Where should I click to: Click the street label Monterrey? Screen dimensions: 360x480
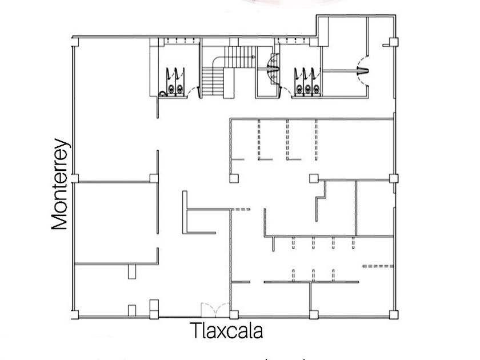point(60,186)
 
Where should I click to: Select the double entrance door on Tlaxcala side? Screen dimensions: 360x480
point(215,309)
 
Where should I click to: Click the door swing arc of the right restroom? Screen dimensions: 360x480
point(286,91)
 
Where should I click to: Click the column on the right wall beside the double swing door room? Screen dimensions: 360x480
point(393,42)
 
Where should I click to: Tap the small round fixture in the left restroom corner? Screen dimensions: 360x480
point(162,91)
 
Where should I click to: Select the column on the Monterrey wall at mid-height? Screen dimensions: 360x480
point(74,178)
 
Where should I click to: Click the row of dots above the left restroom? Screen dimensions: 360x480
point(175,40)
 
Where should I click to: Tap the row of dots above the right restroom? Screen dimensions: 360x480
point(297,40)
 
